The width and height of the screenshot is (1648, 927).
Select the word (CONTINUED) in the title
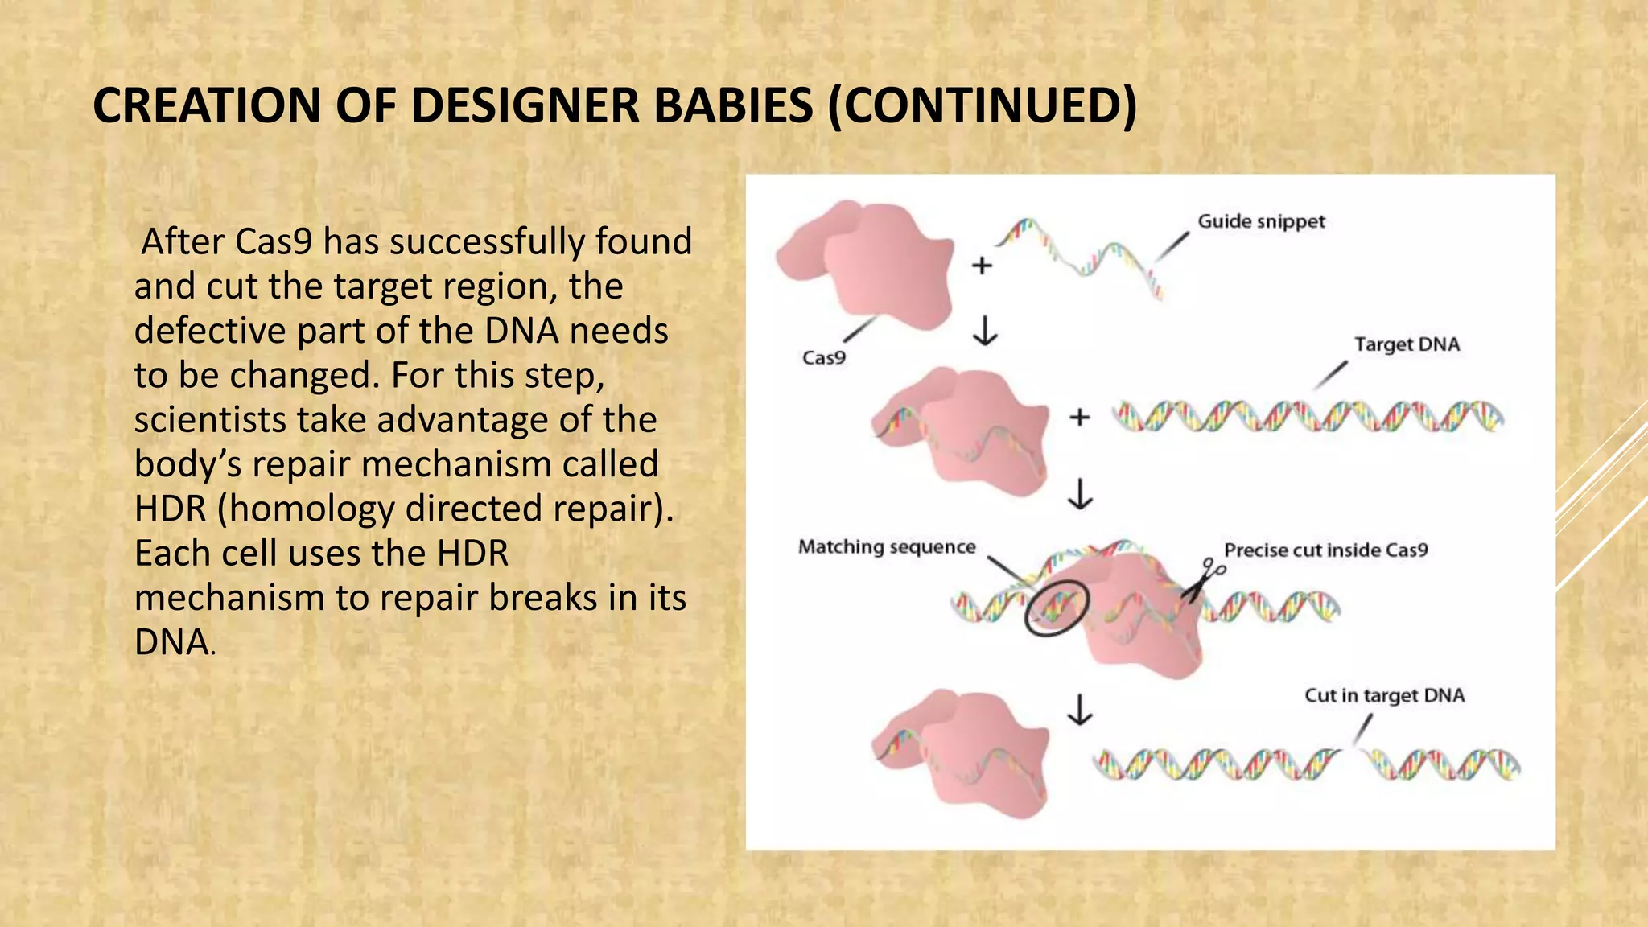point(983,105)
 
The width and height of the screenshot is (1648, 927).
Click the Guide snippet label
point(1260,221)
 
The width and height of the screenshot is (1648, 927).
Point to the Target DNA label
point(1406,344)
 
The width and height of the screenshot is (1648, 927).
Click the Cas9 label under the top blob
point(823,357)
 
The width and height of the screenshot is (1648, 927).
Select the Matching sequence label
point(886,547)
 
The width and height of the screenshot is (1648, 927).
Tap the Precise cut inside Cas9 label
point(1325,550)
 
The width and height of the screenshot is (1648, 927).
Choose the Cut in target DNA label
point(1384,695)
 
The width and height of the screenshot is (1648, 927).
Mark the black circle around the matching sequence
point(1057,609)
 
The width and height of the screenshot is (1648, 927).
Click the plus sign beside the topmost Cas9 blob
point(982,265)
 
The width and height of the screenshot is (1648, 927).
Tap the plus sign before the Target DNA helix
point(1079,417)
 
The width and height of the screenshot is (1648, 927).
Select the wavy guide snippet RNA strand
point(1078,253)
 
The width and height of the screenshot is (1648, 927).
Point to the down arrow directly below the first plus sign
point(985,330)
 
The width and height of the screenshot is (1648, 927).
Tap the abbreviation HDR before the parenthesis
point(170,509)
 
